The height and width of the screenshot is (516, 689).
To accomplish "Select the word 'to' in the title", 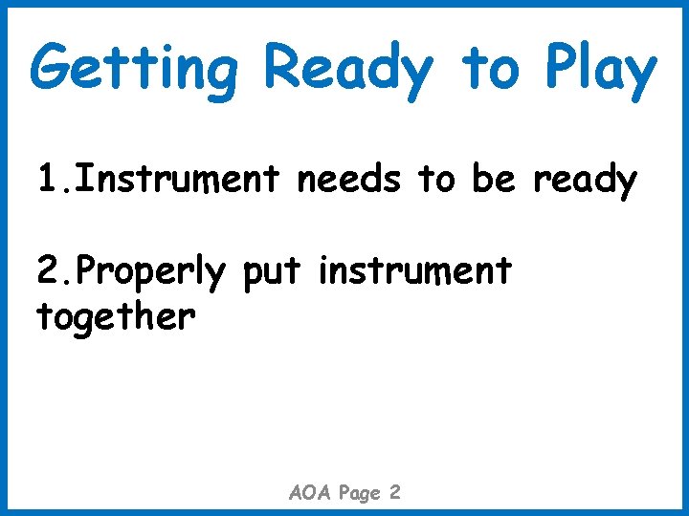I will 491,69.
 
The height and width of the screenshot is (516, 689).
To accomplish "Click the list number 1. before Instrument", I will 54,179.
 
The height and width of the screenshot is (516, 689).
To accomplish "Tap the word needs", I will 351,179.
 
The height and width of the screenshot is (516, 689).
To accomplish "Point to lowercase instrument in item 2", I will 415,271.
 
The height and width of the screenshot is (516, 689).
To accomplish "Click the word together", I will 116,315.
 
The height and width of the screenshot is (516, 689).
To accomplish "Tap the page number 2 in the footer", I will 395,493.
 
